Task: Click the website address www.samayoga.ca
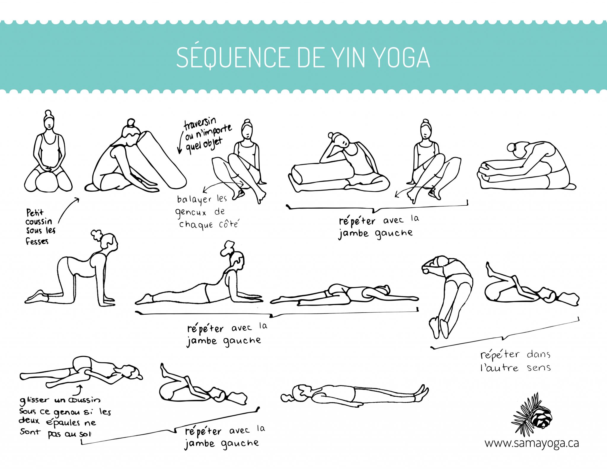(x=532, y=444)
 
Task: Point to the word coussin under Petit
(x=39, y=222)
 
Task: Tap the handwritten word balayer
(x=194, y=200)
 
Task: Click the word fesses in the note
(x=37, y=241)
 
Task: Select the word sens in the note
(x=539, y=368)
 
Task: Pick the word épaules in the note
(x=63, y=423)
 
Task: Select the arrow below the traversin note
(x=180, y=142)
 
